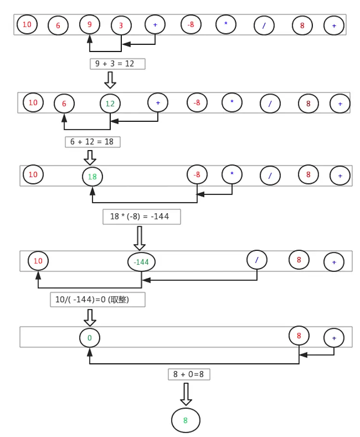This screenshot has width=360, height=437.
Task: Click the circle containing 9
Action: click(90, 24)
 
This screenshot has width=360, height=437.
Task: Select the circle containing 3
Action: click(121, 26)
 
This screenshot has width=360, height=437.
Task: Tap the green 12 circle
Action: click(110, 103)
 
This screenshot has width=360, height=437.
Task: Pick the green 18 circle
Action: click(92, 177)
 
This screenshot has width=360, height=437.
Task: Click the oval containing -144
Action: click(141, 262)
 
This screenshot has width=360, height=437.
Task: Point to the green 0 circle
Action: click(90, 338)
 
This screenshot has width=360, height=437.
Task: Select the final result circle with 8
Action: click(185, 420)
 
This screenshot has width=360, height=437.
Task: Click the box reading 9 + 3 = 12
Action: click(117, 64)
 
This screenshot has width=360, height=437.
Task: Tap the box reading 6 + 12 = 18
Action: click(92, 142)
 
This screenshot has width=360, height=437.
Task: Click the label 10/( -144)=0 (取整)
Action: click(97, 300)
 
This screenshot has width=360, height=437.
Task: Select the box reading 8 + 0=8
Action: click(189, 374)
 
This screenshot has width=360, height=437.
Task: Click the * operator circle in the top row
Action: click(226, 24)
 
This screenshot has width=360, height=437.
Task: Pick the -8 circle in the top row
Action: click(191, 24)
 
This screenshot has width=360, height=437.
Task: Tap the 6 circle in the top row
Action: click(58, 26)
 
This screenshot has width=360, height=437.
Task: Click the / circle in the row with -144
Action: click(257, 260)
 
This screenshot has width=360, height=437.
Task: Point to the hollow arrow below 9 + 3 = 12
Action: click(110, 80)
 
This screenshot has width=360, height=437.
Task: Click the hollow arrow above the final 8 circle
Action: click(186, 394)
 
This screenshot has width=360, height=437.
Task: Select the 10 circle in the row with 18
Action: click(33, 174)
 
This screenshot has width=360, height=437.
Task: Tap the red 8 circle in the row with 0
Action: click(299, 336)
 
